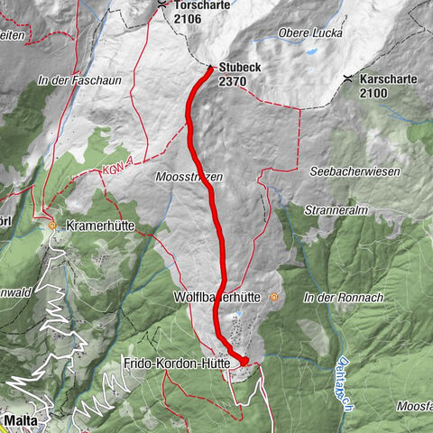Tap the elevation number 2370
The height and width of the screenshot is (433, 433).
pos(232,81)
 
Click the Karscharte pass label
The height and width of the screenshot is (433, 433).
pos(388,79)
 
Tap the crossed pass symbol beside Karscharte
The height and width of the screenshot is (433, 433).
pos(349,79)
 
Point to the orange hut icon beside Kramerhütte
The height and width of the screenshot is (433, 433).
pos(52,224)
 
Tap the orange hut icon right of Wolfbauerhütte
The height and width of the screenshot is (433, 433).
pos(274,296)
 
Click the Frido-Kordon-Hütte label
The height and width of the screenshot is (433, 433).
pos(179,363)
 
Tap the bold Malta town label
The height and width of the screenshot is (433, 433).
pos(20,420)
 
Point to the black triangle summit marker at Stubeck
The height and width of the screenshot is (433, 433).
pos(210,68)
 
